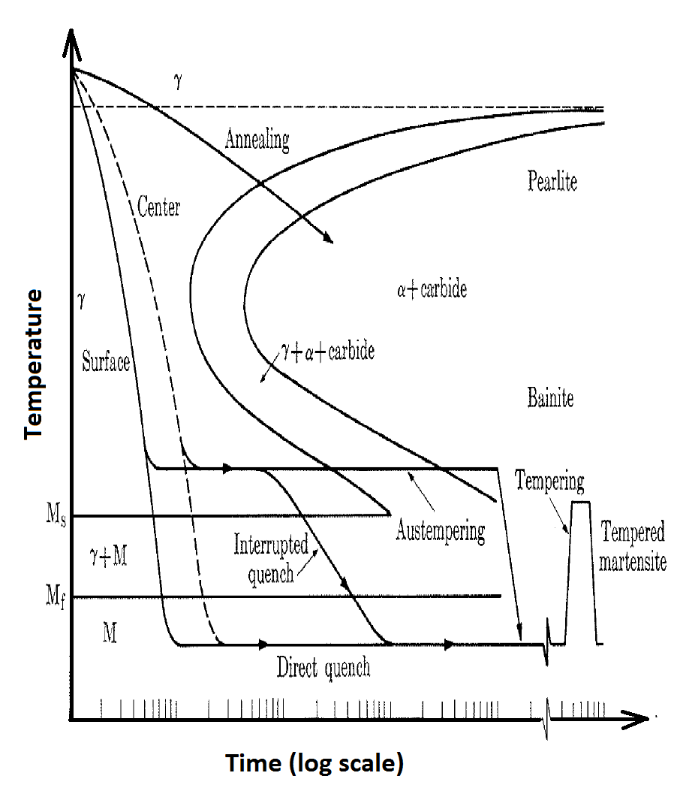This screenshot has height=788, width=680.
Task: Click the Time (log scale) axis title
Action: tap(315, 764)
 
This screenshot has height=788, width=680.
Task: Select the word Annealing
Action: tap(257, 140)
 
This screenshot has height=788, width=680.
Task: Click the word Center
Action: tap(159, 207)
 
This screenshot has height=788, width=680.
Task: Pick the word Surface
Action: tap(106, 364)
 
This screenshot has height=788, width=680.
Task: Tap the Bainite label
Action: tap(550, 398)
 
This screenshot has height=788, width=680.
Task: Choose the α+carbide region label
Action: tap(432, 289)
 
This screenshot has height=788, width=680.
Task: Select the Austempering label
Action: tap(440, 533)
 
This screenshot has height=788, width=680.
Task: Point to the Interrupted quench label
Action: tap(271, 556)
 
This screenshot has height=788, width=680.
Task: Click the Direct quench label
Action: tap(323, 668)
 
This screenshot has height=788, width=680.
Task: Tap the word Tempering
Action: tap(549, 481)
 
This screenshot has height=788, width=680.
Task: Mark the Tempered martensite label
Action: tap(633, 547)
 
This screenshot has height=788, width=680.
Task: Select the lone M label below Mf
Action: tap(110, 633)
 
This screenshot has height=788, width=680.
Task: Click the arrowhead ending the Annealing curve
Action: tap(327, 238)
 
